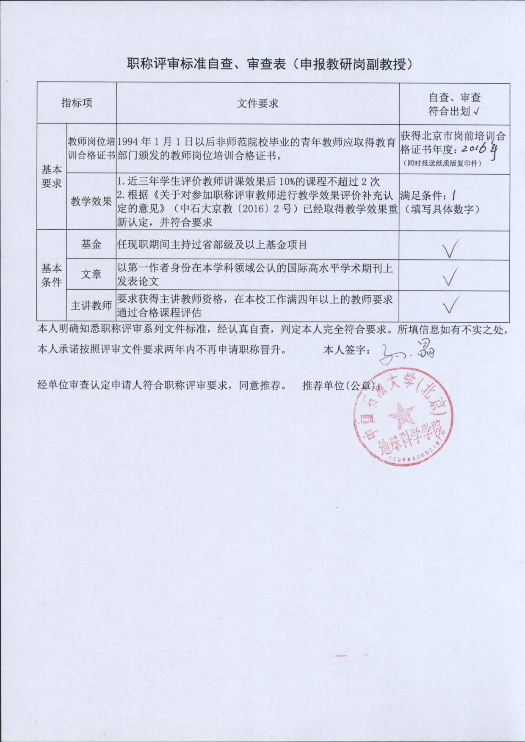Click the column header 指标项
pyautogui.click(x=77, y=103)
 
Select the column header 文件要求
pyautogui.click(x=257, y=104)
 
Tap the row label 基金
pyautogui.click(x=91, y=244)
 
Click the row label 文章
pyautogui.click(x=91, y=274)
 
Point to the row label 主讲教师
pyautogui.click(x=91, y=305)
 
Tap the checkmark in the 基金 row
pyautogui.click(x=451, y=248)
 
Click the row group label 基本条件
pyautogui.click(x=51, y=275)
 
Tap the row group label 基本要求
pyautogui.click(x=51, y=176)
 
